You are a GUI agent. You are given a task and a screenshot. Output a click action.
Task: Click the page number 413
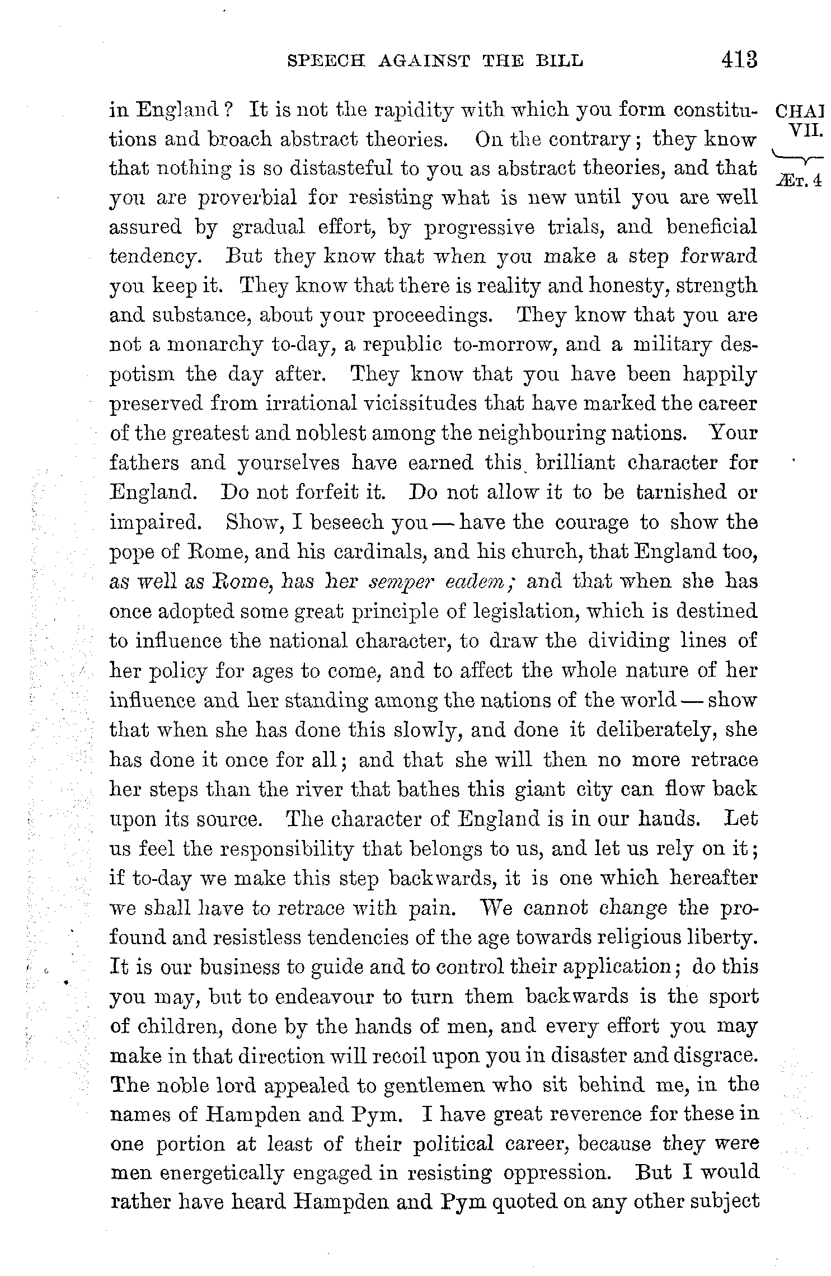point(739,59)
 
